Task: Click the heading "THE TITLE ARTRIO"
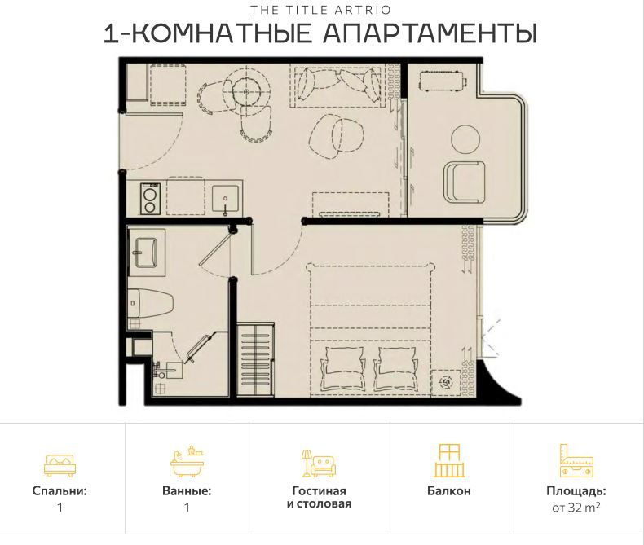321,11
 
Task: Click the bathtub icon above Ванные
186,463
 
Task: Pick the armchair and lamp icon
318,464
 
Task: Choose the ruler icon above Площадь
576,461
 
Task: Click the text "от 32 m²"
576,508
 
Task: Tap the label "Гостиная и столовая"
319,498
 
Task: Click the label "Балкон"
448,491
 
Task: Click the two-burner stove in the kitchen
149,199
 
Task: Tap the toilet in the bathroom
152,303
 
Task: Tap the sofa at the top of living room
337,85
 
